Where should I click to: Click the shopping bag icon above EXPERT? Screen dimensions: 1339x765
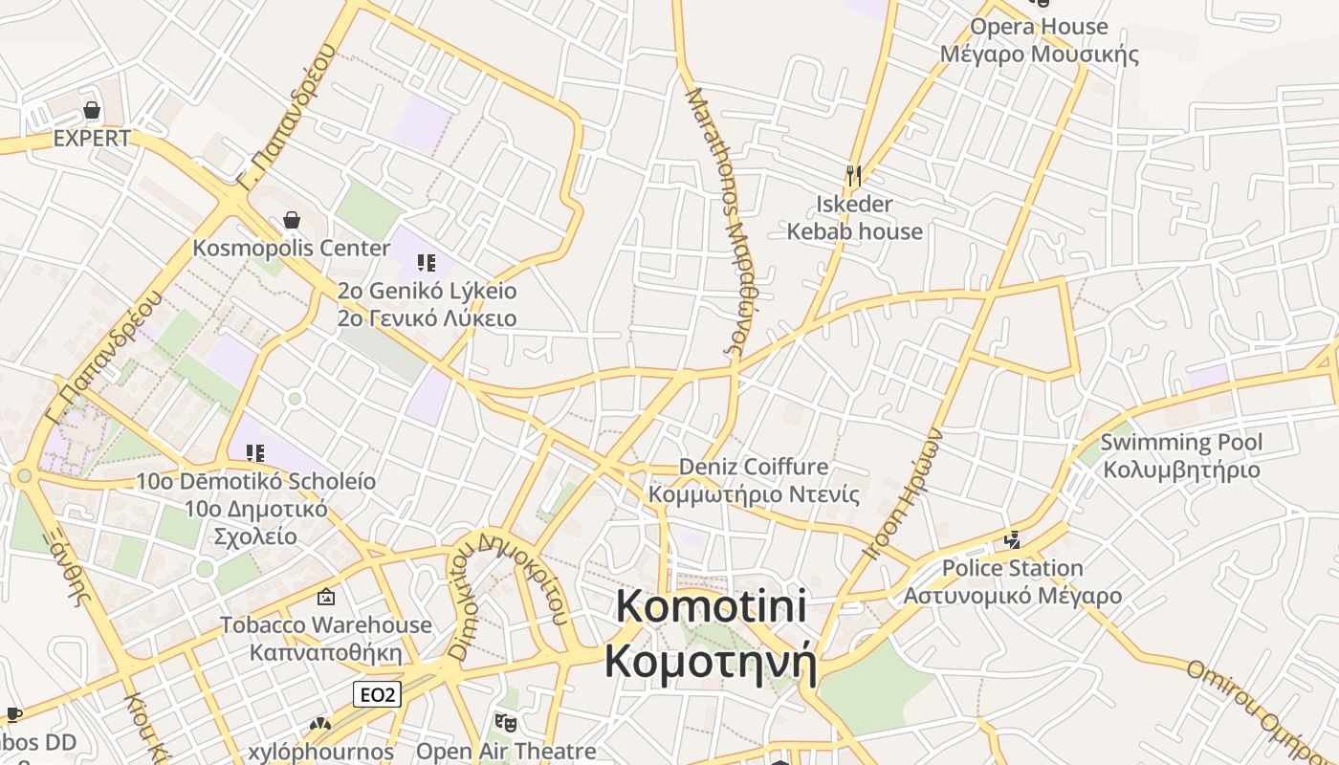pyautogui.click(x=92, y=110)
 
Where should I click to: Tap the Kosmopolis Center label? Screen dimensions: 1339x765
pyautogui.click(x=292, y=249)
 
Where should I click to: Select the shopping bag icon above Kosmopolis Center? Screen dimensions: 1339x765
pyautogui.click(x=292, y=221)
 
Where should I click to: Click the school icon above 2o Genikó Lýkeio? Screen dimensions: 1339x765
pyautogui.click(x=427, y=262)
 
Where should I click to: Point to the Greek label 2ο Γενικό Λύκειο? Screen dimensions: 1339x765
pyautogui.click(x=427, y=318)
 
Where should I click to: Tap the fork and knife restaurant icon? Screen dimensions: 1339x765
pyautogui.click(x=854, y=175)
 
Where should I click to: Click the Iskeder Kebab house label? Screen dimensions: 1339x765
pyautogui.click(x=854, y=218)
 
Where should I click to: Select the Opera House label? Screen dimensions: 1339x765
pyautogui.click(x=1039, y=27)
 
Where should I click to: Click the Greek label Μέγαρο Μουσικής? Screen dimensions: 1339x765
pyautogui.click(x=1039, y=54)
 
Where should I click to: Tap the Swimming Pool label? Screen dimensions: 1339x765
pyautogui.click(x=1181, y=442)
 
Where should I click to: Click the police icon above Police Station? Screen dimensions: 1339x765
pyautogui.click(x=1013, y=540)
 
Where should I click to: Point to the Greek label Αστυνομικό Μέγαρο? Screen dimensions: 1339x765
pyautogui.click(x=1013, y=596)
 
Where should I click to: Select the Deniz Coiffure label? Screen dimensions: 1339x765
pyautogui.click(x=754, y=467)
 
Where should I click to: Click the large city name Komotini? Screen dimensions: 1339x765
pyautogui.click(x=712, y=607)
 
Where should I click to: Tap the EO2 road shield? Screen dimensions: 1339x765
pyautogui.click(x=376, y=694)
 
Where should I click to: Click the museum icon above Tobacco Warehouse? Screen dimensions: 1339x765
pyautogui.click(x=326, y=598)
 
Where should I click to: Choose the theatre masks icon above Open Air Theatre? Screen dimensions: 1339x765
pyautogui.click(x=506, y=723)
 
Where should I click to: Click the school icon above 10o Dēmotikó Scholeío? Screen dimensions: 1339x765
pyautogui.click(x=254, y=452)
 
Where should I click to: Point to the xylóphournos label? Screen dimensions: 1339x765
pyautogui.click(x=320, y=752)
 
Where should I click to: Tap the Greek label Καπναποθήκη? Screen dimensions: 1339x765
pyautogui.click(x=326, y=652)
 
